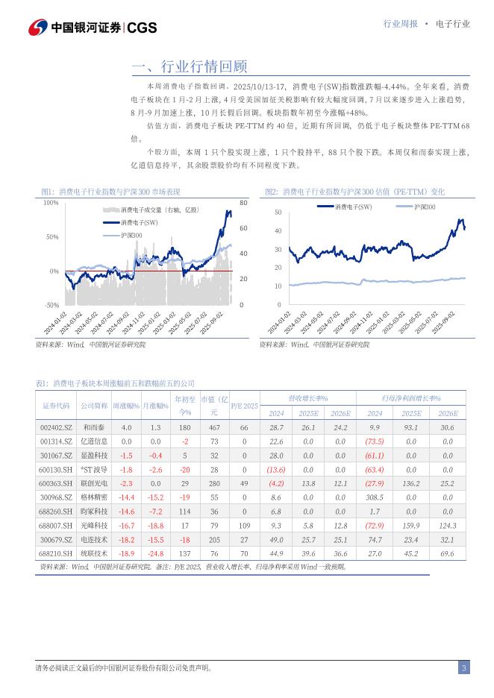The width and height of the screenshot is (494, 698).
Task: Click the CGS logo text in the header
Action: (x=142, y=28)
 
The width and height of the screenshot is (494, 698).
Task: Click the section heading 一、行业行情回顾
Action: (x=189, y=67)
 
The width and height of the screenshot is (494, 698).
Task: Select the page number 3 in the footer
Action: (x=463, y=667)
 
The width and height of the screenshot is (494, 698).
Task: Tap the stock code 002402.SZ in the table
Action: (x=55, y=427)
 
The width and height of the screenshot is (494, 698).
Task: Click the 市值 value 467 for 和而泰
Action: (x=214, y=427)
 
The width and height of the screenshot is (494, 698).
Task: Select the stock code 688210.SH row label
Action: (x=55, y=554)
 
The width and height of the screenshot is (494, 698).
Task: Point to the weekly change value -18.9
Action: (x=126, y=554)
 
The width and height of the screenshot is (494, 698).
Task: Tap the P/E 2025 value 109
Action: (x=244, y=526)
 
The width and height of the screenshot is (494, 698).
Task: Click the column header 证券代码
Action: (x=55, y=405)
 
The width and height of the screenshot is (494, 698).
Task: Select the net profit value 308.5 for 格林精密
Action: (x=375, y=497)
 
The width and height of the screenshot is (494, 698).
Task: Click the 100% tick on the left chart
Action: (x=51, y=203)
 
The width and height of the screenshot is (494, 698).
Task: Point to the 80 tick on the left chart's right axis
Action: (x=243, y=203)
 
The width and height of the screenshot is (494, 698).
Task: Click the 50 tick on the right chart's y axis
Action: (x=278, y=213)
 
